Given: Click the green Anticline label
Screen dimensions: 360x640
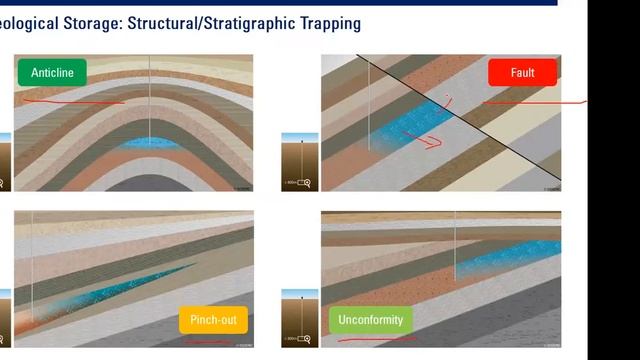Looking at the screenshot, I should (x=51, y=72).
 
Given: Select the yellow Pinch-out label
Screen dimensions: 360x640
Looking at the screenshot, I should (x=212, y=321).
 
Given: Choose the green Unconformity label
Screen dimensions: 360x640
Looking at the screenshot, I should (x=371, y=321).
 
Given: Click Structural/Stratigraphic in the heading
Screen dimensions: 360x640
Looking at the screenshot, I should (x=197, y=22).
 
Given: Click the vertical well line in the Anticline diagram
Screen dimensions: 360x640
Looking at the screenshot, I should (x=150, y=100).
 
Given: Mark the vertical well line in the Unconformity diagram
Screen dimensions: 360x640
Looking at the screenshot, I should (x=456, y=250).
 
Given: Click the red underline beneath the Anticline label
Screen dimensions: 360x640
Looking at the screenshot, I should (x=70, y=101).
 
